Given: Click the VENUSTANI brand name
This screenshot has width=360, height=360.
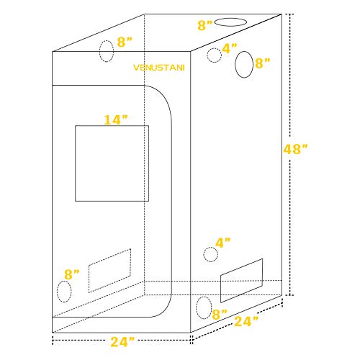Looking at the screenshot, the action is (159, 68).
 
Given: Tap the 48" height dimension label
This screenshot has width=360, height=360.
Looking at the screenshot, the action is (295, 149).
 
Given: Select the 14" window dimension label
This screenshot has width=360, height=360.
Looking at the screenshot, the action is (116, 120).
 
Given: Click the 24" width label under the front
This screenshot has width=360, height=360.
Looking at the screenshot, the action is (122, 341).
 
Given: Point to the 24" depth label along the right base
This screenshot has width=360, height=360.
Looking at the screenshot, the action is (246, 321).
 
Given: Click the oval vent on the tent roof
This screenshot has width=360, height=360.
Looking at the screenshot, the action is (230, 22).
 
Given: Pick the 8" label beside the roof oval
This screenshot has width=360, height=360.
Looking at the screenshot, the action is (205, 25).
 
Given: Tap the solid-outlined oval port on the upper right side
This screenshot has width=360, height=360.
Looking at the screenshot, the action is (244, 65).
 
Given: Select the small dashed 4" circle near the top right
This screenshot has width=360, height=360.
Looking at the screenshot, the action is (214, 55).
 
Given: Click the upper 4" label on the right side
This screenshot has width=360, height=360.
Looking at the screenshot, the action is (230, 48).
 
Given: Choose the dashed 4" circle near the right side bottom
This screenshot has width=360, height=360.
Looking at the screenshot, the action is (211, 254).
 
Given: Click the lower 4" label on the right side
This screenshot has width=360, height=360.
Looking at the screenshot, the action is (223, 243).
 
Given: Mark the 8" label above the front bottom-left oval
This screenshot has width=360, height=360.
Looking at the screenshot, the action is (71, 274).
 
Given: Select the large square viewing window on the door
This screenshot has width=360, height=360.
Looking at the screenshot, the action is (112, 163).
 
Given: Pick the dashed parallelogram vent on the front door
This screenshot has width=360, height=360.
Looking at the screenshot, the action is (109, 271).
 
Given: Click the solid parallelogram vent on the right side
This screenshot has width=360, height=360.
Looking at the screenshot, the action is (241, 281).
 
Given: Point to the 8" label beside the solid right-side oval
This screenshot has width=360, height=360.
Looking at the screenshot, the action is (263, 63).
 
